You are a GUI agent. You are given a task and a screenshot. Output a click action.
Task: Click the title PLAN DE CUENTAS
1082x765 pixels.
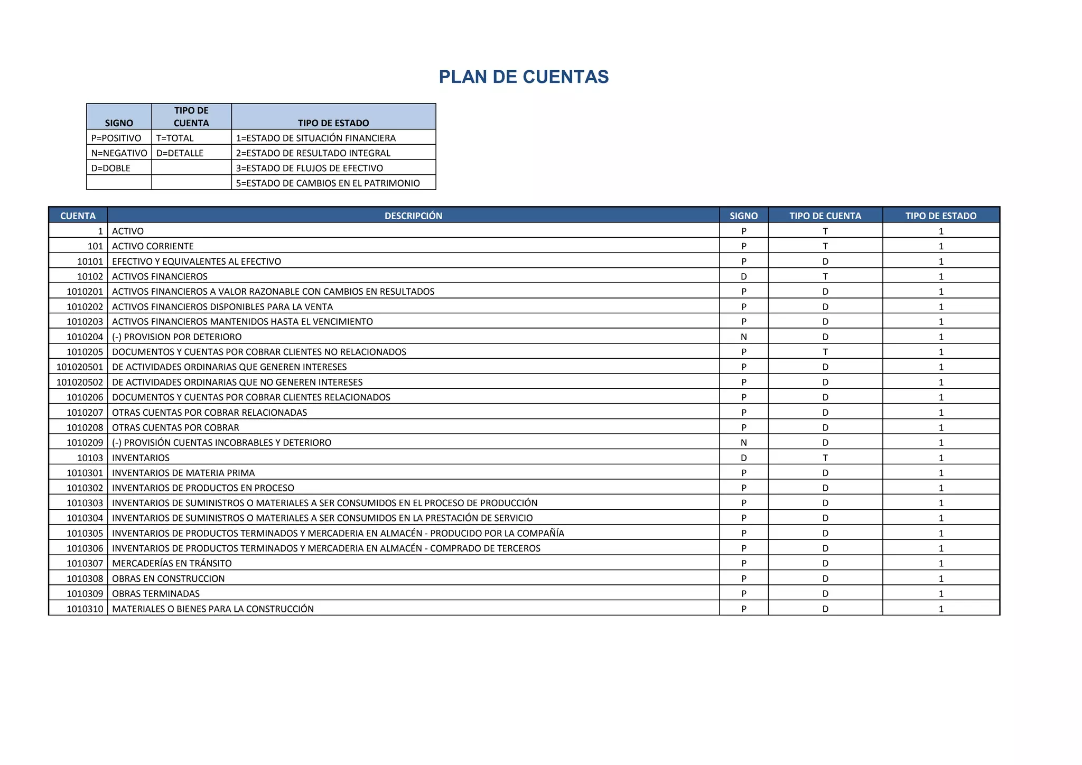tap(524, 77)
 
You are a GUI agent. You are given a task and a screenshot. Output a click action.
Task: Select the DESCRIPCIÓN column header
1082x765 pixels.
tap(413, 216)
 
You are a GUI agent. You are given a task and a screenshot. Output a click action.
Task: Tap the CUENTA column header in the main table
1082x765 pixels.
tap(78, 216)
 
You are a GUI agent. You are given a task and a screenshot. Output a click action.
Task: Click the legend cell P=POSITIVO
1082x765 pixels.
tap(116, 138)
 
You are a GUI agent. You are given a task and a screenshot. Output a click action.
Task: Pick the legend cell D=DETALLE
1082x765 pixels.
tap(180, 153)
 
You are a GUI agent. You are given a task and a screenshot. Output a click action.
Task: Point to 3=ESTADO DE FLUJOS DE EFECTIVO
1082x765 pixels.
tap(309, 168)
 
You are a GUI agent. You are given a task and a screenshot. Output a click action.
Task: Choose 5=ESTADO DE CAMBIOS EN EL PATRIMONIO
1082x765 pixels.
tap(328, 183)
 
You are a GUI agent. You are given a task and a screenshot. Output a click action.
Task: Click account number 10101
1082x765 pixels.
tap(90, 262)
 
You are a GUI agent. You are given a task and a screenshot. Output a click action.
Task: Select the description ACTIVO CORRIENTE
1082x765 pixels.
tap(153, 246)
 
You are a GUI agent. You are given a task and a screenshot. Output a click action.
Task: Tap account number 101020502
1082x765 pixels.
tap(80, 382)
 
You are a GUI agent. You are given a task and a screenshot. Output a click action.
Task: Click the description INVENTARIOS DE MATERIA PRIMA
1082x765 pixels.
tap(183, 473)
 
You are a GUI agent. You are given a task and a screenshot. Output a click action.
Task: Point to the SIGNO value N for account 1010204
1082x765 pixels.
tap(743, 337)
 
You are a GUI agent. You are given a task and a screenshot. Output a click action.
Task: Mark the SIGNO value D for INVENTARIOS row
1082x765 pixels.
tap(743, 458)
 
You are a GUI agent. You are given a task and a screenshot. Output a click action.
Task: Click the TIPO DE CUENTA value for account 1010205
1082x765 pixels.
tap(825, 352)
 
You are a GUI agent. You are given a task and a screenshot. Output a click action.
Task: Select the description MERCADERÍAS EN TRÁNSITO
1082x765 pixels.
tap(172, 563)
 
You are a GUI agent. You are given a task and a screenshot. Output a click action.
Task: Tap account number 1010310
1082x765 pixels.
tap(85, 609)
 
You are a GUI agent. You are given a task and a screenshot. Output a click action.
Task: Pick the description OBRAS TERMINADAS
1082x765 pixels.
tap(156, 594)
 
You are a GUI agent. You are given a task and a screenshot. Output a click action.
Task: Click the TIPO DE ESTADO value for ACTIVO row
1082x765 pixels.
tap(940, 231)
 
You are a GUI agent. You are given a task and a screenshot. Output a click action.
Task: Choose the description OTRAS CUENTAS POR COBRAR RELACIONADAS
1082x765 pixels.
tap(209, 413)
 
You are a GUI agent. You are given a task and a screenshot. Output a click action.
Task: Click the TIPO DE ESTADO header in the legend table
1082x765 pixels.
tap(333, 123)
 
